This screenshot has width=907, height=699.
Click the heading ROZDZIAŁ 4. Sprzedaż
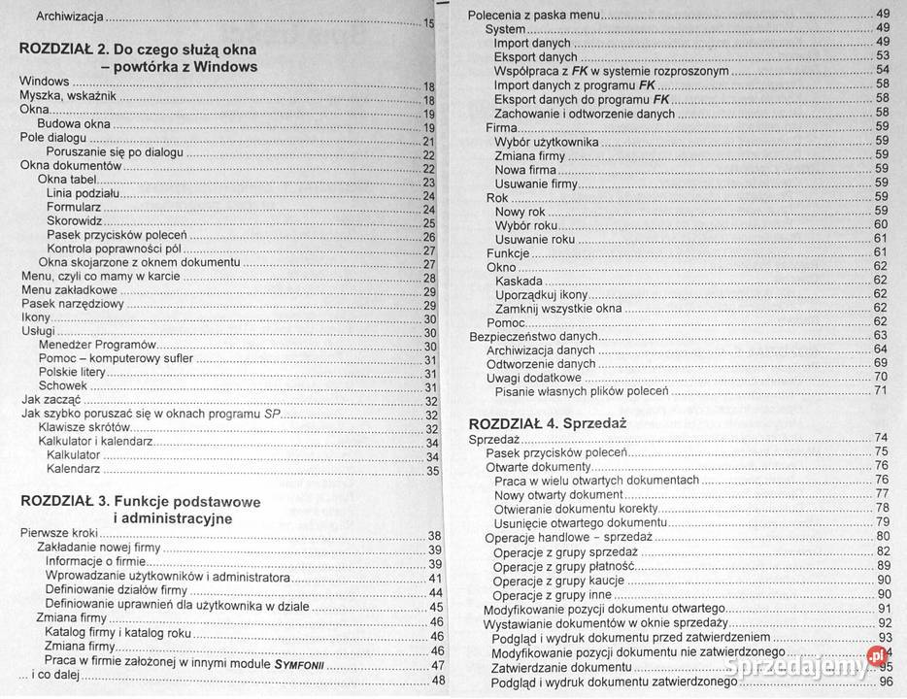547,423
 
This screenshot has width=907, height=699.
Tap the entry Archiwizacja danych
540,349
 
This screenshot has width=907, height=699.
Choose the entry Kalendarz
73,469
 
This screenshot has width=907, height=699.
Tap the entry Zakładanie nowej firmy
98,549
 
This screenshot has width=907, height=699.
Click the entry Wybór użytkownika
546,142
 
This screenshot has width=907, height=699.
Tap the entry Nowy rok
520,212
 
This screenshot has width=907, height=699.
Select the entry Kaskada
519,281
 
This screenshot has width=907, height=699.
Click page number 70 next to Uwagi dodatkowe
881,377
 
